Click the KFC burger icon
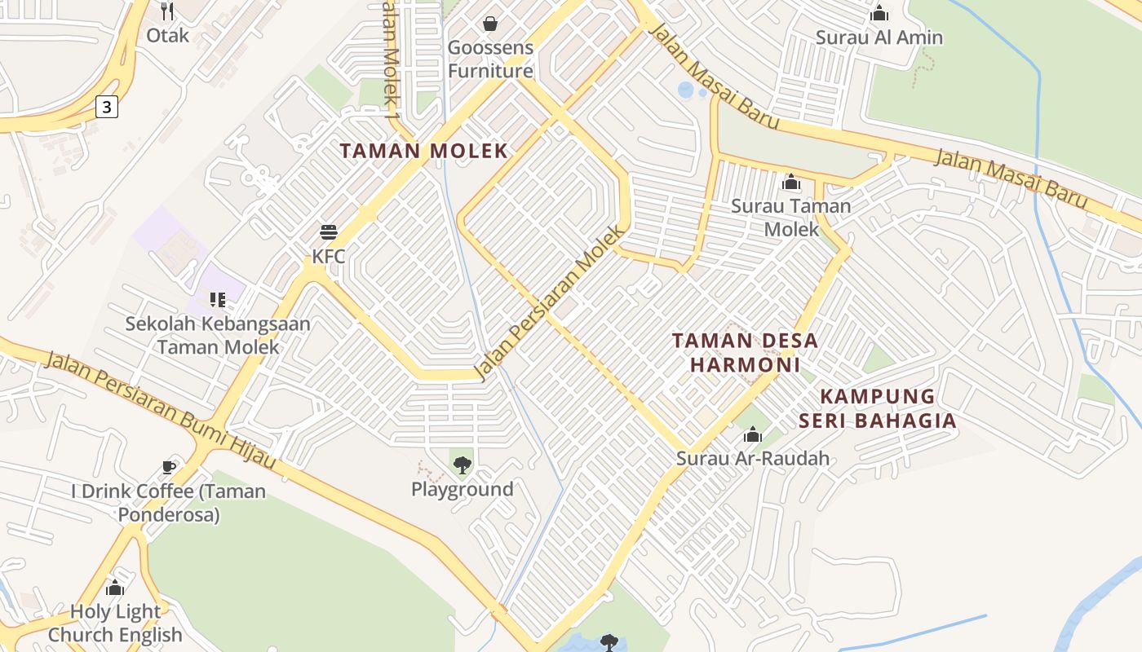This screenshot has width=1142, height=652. point(329,232)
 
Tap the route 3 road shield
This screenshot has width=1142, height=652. point(106,106)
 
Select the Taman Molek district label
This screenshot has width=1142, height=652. point(423,151)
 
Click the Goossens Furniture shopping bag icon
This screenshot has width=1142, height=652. point(490,23)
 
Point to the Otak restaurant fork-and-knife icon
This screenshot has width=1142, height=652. point(167,11)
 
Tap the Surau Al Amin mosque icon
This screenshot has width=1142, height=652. point(879,14)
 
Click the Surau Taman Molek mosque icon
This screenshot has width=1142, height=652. point(790,183)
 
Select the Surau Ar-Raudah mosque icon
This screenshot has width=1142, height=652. point(752,435)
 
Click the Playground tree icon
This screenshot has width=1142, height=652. point(462,465)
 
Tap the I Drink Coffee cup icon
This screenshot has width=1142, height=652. point(168,468)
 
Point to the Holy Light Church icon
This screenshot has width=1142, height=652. point(115,588)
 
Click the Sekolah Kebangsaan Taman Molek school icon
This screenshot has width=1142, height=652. point(217,300)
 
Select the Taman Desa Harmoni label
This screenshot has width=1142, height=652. point(745,352)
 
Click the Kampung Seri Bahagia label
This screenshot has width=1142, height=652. point(877,408)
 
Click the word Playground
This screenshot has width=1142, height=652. point(462,490)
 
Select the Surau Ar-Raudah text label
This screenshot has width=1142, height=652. point(752,458)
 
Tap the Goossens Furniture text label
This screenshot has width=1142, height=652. point(490,59)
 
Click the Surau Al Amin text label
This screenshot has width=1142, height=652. point(879,37)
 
